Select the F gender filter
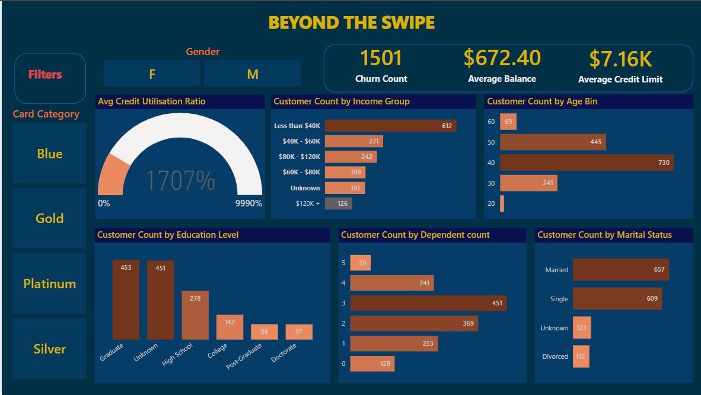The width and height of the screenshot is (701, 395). pyautogui.click(x=152, y=74)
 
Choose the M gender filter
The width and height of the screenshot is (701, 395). pyautogui.click(x=253, y=74)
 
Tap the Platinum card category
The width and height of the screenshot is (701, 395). pyautogui.click(x=49, y=283)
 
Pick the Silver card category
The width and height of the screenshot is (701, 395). pyautogui.click(x=49, y=349)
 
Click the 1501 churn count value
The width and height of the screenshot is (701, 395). pyautogui.click(x=381, y=59)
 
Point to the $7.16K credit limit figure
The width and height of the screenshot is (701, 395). pyautogui.click(x=620, y=59)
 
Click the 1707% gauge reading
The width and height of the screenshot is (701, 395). pyautogui.click(x=180, y=180)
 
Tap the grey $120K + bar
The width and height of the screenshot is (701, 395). pyautogui.click(x=338, y=203)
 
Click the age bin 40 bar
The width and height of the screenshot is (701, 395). pyautogui.click(x=587, y=163)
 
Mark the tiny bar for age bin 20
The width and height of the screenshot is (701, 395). pyautogui.click(x=502, y=203)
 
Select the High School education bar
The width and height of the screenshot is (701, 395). pyautogui.click(x=195, y=315)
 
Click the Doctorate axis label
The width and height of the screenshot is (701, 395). pyautogui.click(x=283, y=353)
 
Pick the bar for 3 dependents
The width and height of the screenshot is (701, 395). pyautogui.click(x=428, y=303)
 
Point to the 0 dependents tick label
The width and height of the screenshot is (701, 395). pyautogui.click(x=343, y=364)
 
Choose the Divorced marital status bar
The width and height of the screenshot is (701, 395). pyautogui.click(x=581, y=356)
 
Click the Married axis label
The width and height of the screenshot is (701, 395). pyautogui.click(x=556, y=270)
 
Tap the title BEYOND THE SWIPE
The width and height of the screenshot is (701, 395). pyautogui.click(x=351, y=23)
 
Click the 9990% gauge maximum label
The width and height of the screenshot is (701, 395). pyautogui.click(x=248, y=203)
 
